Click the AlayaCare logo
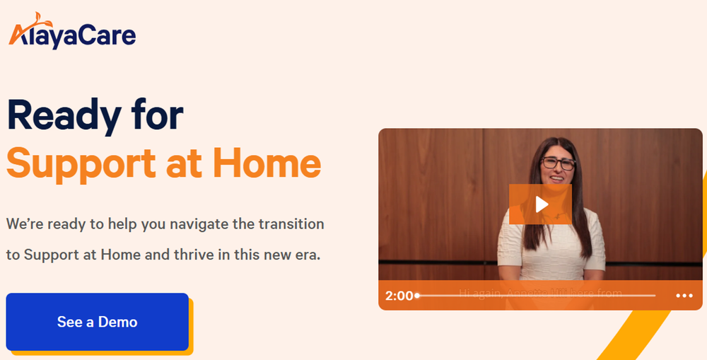click(72, 33)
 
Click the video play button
click(540, 204)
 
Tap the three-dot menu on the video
click(684, 296)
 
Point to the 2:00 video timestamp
click(399, 296)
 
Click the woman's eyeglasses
click(558, 163)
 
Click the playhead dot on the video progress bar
click(417, 296)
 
